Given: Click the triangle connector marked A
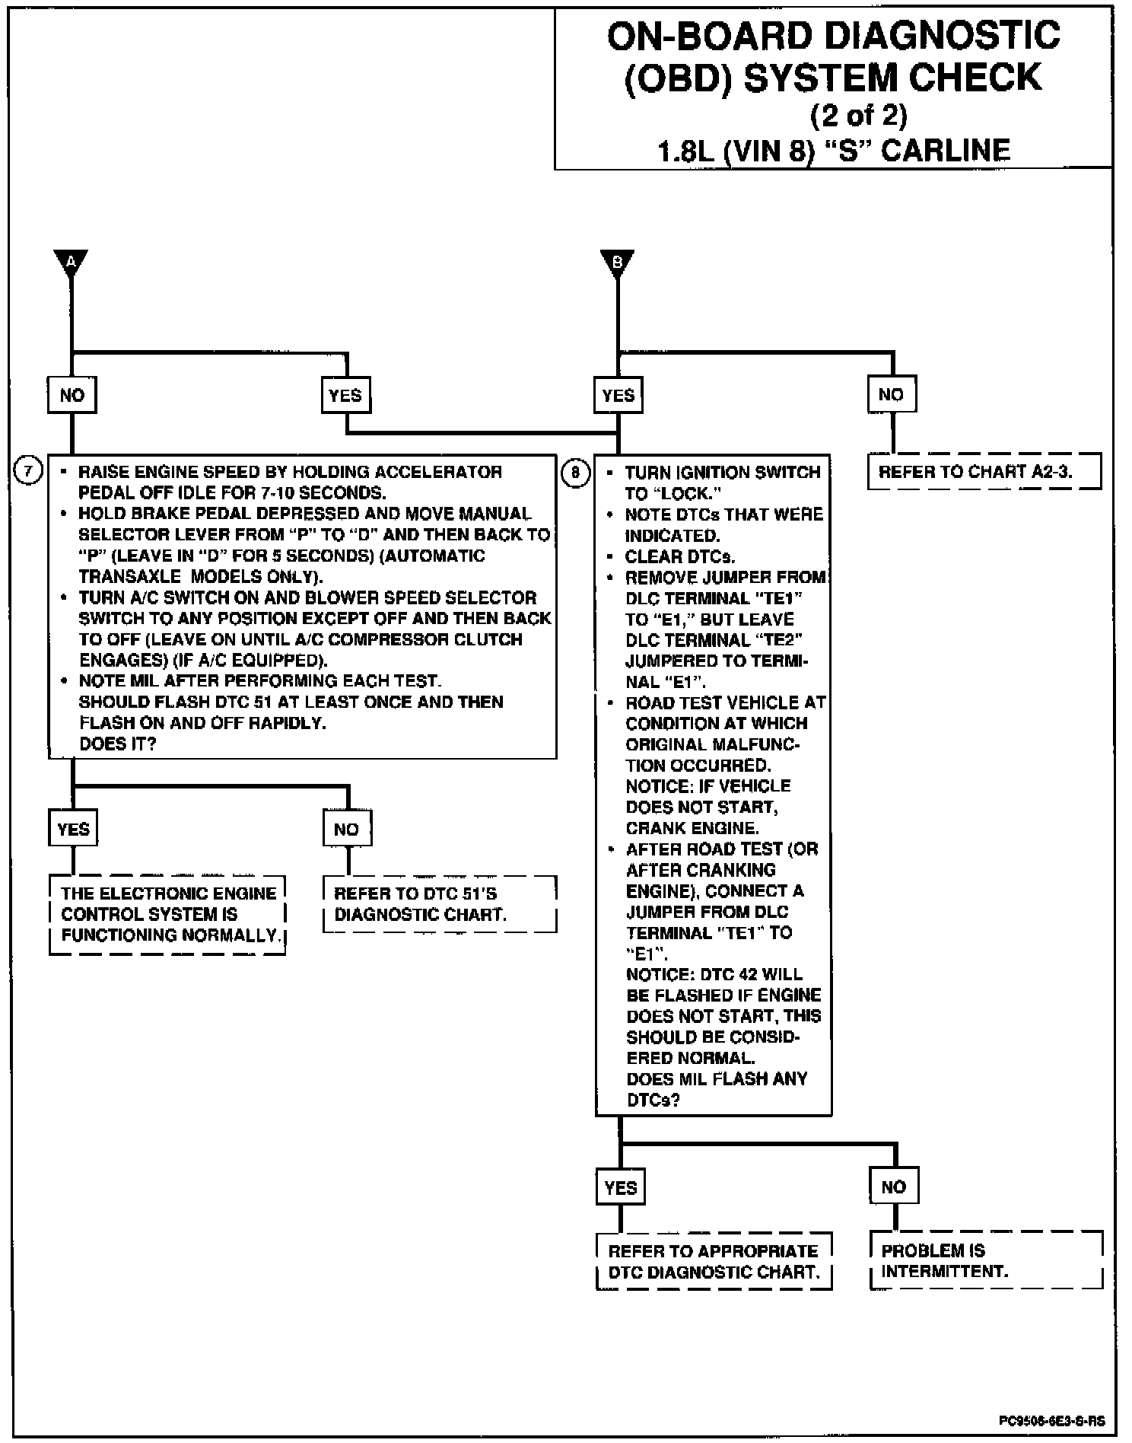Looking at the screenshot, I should pyautogui.click(x=72, y=262).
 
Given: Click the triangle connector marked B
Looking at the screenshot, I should pyautogui.click(x=617, y=262).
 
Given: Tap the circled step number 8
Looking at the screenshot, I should pyautogui.click(x=575, y=473).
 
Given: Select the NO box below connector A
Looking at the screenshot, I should pyautogui.click(x=72, y=395).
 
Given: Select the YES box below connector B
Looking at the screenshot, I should pyautogui.click(x=618, y=395).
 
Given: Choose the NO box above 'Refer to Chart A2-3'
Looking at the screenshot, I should pyautogui.click(x=892, y=394).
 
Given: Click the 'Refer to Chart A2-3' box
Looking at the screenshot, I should pyautogui.click(x=984, y=472).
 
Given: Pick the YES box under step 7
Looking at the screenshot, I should pyautogui.click(x=74, y=829).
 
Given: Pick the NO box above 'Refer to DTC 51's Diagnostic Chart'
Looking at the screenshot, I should pyautogui.click(x=347, y=829).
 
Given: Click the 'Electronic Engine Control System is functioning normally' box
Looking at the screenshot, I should pyautogui.click(x=167, y=914).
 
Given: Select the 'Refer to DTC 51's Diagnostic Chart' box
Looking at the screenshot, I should pyautogui.click(x=439, y=904).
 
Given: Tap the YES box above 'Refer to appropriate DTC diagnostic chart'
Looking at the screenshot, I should pyautogui.click(x=621, y=1187).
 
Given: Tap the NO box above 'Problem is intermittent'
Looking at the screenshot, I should pyautogui.click(x=894, y=1187).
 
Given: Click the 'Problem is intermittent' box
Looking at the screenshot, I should pyautogui.click(x=986, y=1260).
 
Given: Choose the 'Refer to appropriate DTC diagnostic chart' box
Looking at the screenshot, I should pyautogui.click(x=714, y=1261).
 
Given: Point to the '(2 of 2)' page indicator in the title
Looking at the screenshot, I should pyautogui.click(x=858, y=115).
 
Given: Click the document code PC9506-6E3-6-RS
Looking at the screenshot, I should pyautogui.click(x=1052, y=1421).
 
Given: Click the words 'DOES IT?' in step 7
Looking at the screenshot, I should pyautogui.click(x=117, y=744).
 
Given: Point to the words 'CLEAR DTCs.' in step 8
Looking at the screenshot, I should pyautogui.click(x=679, y=556).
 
